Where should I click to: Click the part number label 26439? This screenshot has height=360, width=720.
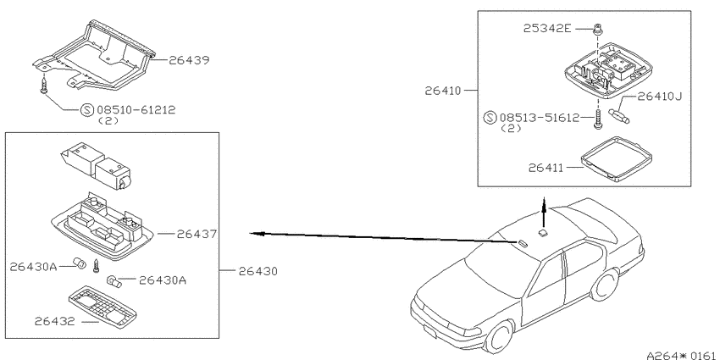click(x=189, y=60)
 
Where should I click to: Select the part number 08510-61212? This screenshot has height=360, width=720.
click(x=136, y=110)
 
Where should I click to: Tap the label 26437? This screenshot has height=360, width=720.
click(x=197, y=234)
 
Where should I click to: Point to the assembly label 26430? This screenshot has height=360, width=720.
click(x=258, y=271)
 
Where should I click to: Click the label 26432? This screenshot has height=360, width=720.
click(x=55, y=321)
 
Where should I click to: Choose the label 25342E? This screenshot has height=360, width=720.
click(x=547, y=29)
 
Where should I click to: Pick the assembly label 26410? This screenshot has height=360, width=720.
click(x=443, y=91)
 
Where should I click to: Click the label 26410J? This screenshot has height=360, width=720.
click(x=660, y=97)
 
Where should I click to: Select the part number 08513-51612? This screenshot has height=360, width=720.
click(x=540, y=118)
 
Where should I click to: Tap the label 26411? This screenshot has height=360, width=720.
click(x=546, y=168)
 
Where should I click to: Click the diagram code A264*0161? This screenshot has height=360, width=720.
click(x=683, y=355)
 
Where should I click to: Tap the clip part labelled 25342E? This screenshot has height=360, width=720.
click(x=598, y=29)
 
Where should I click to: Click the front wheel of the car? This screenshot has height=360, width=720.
click(x=500, y=336)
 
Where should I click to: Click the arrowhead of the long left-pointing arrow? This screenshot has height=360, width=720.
click(x=255, y=234)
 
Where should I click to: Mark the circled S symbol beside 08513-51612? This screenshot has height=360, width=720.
click(x=490, y=118)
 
